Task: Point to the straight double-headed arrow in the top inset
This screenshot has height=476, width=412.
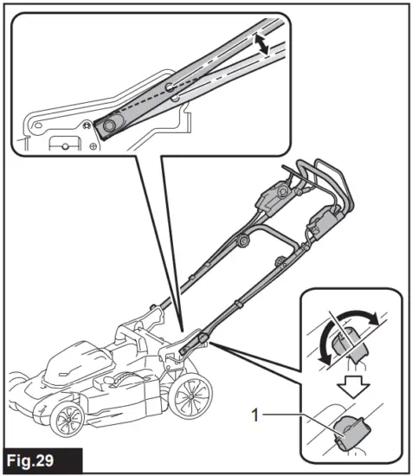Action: tap(261, 44)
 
